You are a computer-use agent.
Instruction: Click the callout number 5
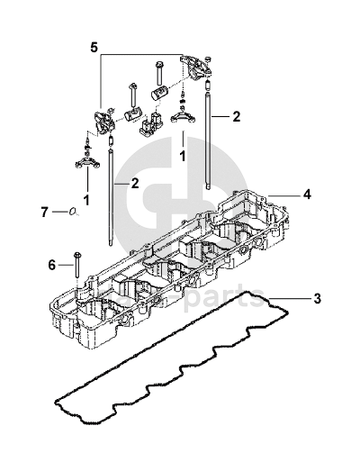[x=94, y=48]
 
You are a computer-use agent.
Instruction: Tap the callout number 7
[x=44, y=213]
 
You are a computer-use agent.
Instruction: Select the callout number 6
[x=52, y=265]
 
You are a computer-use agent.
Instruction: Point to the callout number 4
[x=307, y=195]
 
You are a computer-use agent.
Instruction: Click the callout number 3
[x=317, y=298]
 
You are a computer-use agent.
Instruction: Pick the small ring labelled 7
[x=72, y=212]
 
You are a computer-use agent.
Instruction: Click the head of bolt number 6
[x=76, y=255]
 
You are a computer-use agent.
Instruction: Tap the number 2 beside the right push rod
[x=237, y=116]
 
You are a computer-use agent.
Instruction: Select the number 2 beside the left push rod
[x=135, y=183]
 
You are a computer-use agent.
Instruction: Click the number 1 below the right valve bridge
[x=182, y=157]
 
